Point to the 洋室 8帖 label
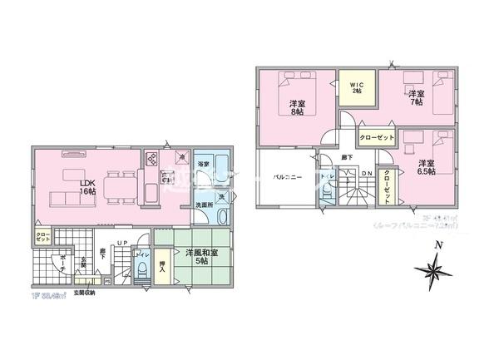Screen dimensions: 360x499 [296, 107]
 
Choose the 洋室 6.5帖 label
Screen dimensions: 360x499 [427, 167]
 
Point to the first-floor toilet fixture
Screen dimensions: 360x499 [144, 268]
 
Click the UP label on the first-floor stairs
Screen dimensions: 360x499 [121, 242]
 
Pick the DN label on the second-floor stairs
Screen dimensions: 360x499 [366, 173]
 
